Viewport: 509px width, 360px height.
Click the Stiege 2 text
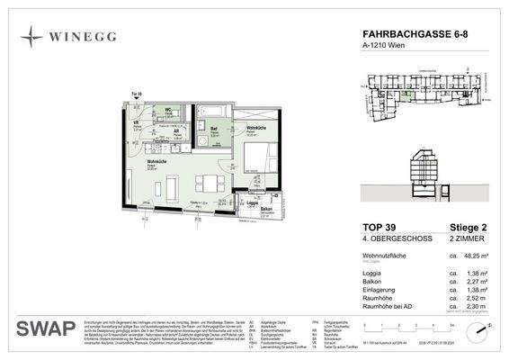click(x=471, y=228)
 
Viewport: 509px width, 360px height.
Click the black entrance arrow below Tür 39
click(x=137, y=101)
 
